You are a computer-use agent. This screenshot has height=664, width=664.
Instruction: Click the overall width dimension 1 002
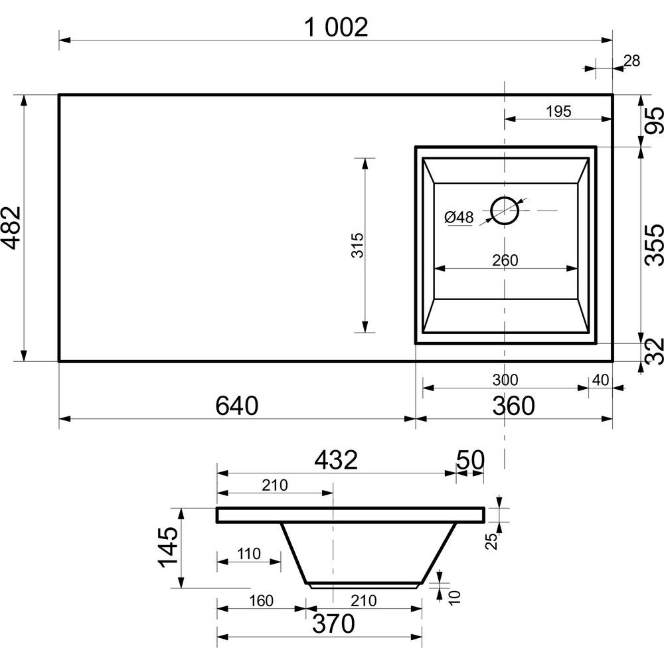[x=336, y=27]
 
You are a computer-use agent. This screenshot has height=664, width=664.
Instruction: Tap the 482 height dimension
[x=11, y=228]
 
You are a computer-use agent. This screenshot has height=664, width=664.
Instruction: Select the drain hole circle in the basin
[x=505, y=210]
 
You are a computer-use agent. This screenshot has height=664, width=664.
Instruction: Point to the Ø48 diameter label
[x=459, y=217]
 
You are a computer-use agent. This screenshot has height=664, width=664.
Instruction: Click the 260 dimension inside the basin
[x=505, y=260]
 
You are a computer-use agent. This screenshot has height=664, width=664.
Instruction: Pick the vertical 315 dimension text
[x=357, y=245]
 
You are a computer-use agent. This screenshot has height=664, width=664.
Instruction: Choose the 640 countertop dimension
[x=237, y=405]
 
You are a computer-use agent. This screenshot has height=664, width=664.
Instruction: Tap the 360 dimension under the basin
[x=513, y=405]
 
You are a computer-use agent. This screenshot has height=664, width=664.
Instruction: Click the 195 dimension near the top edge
[x=558, y=112]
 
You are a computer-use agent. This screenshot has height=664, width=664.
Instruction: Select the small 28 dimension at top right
[x=632, y=61]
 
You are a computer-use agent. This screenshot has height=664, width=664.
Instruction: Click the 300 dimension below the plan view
[x=505, y=380]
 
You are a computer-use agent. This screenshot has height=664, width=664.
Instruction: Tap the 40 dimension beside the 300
[x=600, y=380]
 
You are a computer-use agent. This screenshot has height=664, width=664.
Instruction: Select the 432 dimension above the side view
[x=336, y=459]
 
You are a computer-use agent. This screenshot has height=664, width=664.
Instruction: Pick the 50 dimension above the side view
[x=469, y=459]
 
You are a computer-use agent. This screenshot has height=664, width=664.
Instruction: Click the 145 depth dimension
[x=168, y=547]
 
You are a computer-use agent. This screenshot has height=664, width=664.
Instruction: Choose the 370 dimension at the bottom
[x=333, y=623]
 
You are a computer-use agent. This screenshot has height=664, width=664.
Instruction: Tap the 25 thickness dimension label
[x=491, y=541]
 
